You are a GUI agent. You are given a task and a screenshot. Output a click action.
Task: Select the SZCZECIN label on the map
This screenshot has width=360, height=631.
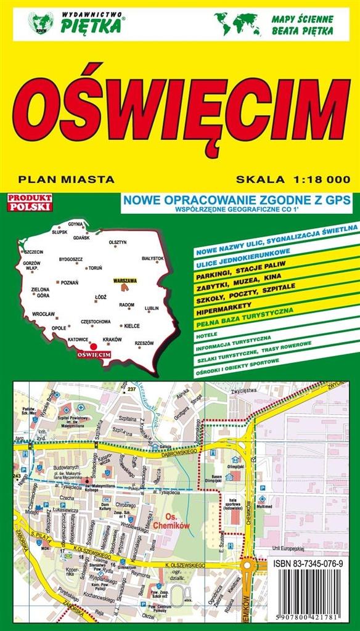(33, 252)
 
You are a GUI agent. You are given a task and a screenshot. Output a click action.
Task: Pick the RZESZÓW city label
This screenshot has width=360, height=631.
(144, 343)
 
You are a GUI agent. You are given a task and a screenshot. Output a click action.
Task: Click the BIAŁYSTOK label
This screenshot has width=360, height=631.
(152, 258)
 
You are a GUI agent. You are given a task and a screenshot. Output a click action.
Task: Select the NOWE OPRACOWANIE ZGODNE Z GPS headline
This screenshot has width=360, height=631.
(236, 199)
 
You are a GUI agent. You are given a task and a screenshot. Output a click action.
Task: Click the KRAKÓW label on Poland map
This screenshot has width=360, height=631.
(112, 340)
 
